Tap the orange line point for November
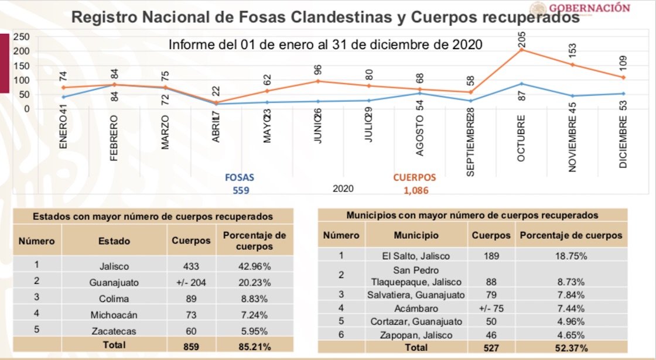(572, 64)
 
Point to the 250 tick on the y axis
(22, 37)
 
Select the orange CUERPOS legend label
(414, 177)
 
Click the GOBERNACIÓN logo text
(589, 8)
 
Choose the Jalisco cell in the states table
(114, 266)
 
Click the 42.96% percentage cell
(255, 266)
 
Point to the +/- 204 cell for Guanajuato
(191, 282)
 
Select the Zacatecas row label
(114, 331)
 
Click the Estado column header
(114, 241)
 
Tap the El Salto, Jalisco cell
(416, 256)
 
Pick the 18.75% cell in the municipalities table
(570, 256)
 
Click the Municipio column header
(416, 235)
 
